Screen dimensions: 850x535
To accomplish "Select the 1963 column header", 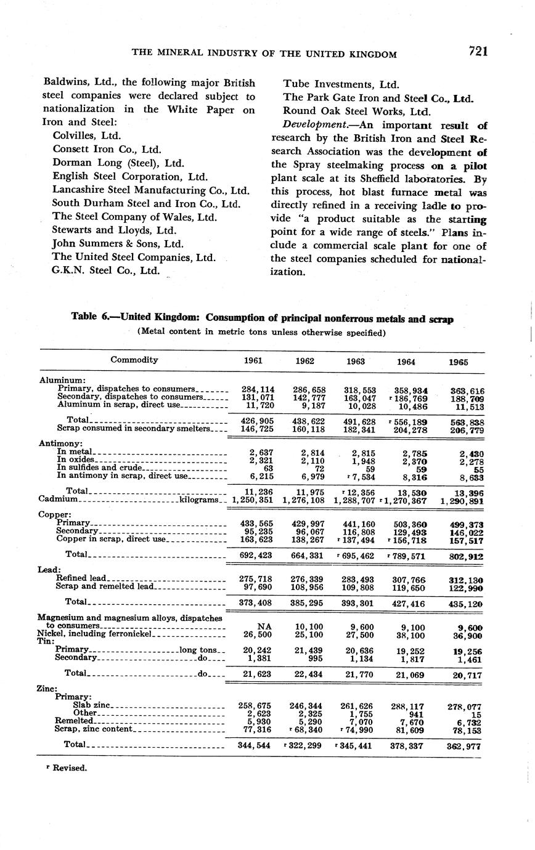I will [x=356, y=362].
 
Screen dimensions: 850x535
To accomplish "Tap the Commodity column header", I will [x=134, y=360].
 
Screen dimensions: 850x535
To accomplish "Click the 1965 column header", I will [x=458, y=362].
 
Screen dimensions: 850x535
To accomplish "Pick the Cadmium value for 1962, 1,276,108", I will [x=304, y=501].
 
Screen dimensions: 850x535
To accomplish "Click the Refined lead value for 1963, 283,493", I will [x=357, y=579].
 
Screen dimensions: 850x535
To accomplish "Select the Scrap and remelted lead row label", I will [x=104, y=586].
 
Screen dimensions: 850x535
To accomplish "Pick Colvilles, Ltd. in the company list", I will [x=87, y=136].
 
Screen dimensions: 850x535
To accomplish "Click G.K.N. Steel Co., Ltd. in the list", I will [x=106, y=270].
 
